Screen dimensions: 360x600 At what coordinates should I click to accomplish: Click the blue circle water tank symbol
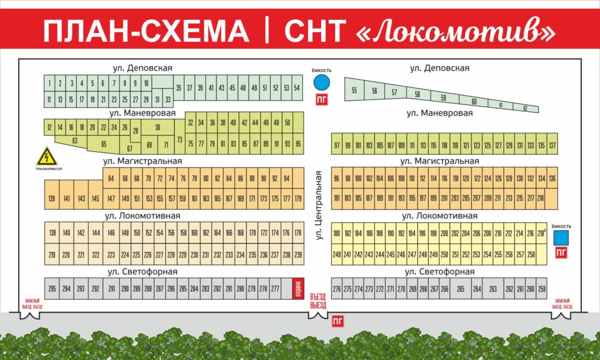pyautogui.click(x=321, y=82)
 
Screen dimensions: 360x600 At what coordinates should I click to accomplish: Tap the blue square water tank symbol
pyautogui.click(x=561, y=237)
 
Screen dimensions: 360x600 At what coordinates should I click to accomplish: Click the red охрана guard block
pyautogui.click(x=297, y=288)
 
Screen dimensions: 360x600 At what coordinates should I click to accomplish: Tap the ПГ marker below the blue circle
pyautogui.click(x=321, y=99)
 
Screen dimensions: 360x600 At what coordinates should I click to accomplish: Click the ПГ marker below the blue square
pyautogui.click(x=561, y=253)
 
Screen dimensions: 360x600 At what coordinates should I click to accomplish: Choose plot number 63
pyautogui.click(x=74, y=141)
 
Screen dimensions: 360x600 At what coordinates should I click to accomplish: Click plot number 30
pyautogui.click(x=158, y=127)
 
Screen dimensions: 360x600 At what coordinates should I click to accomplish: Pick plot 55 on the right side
pyautogui.click(x=354, y=91)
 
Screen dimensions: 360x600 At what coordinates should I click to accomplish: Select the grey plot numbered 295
pyautogui.click(x=52, y=288)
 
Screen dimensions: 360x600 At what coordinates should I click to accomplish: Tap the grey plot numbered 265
pyautogui.click(x=461, y=288)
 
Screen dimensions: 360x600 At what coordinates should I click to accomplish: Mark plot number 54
pyautogui.click(x=297, y=88)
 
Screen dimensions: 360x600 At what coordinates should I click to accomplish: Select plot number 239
pyautogui.click(x=298, y=254)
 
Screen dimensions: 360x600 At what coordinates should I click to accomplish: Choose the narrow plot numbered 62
pyautogui.click(x=526, y=108)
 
